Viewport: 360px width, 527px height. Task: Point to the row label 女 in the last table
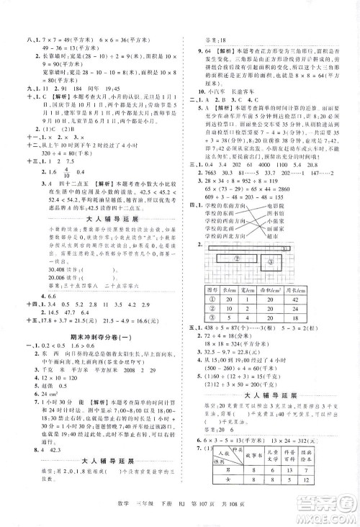pos(229,503)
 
